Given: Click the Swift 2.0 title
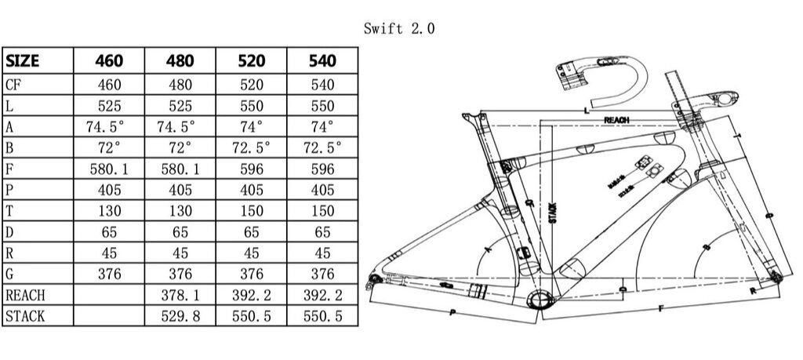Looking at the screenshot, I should tap(399, 29).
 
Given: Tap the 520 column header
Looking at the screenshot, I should tap(253, 60).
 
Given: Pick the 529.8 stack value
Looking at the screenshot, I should tap(181, 316).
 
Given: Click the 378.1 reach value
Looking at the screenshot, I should tap(181, 295).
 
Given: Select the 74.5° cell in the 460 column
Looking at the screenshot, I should tap(110, 126).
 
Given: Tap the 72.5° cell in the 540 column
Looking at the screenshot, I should tap(323, 147).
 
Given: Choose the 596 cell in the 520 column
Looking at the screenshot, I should tap(253, 169).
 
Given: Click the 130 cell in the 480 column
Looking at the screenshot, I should tap(181, 210).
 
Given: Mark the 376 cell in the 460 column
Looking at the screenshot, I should tap(110, 274).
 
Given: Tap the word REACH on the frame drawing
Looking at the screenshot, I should tap(618, 120).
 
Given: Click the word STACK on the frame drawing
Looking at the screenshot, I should tap(552, 212).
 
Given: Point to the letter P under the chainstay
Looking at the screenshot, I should tap(452, 312).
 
